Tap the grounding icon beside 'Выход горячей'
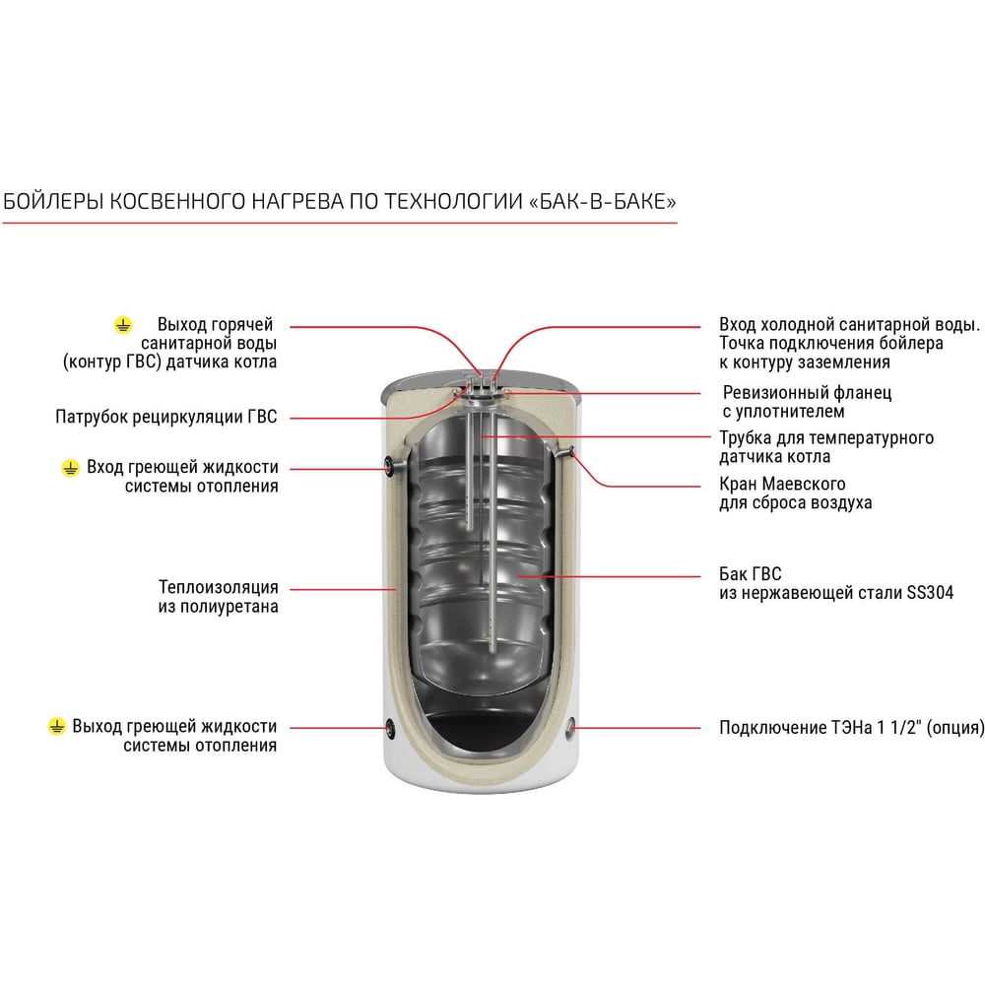point(123,325)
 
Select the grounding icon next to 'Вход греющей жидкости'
point(70,468)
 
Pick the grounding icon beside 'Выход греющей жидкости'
point(56,727)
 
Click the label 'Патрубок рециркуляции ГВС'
point(165,417)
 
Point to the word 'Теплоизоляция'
point(218,587)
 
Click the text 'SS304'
point(930,592)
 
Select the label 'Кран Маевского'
point(782,484)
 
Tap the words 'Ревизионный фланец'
point(807,393)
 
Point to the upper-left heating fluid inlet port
point(389,466)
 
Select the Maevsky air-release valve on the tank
point(568,450)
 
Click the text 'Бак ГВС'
point(750,573)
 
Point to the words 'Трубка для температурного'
point(826,437)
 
